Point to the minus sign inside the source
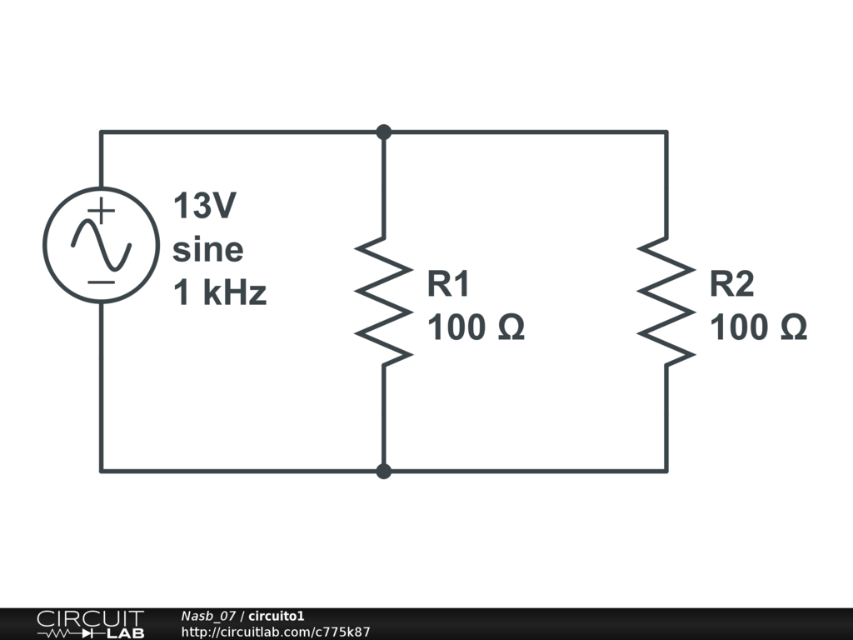click(101, 282)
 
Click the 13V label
click(205, 206)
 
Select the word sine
click(207, 250)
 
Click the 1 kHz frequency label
click(220, 292)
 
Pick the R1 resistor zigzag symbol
click(383, 302)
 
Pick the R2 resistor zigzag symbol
click(666, 302)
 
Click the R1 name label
click(447, 283)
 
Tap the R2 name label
click(731, 283)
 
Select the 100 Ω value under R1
click(476, 327)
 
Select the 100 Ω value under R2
click(759, 327)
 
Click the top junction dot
click(383, 132)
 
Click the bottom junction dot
click(383, 472)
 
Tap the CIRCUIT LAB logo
click(91, 624)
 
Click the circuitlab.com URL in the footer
click(276, 632)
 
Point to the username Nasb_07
click(208, 616)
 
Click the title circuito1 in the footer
click(277, 616)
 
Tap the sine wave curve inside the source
click(101, 245)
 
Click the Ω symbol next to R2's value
click(794, 327)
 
